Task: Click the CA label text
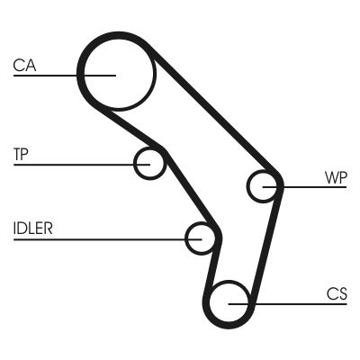tap(25, 64)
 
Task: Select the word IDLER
tap(32, 228)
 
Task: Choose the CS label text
tap(337, 292)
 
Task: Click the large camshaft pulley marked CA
tap(117, 71)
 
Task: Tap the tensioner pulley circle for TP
tap(149, 164)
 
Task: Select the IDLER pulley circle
tap(202, 238)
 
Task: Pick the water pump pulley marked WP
tap(264, 186)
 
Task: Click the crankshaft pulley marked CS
tap(229, 302)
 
